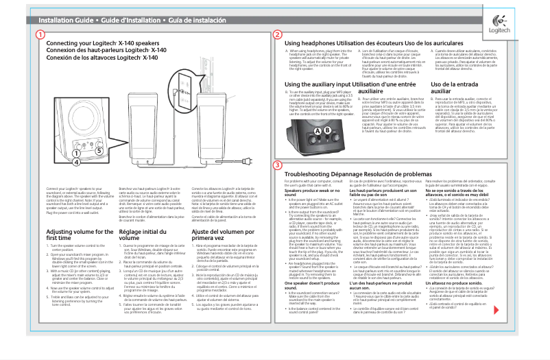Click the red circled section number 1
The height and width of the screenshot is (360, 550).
(41, 35)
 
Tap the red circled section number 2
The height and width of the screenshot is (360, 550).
(277, 35)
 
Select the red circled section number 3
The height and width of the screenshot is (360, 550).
(277, 165)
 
